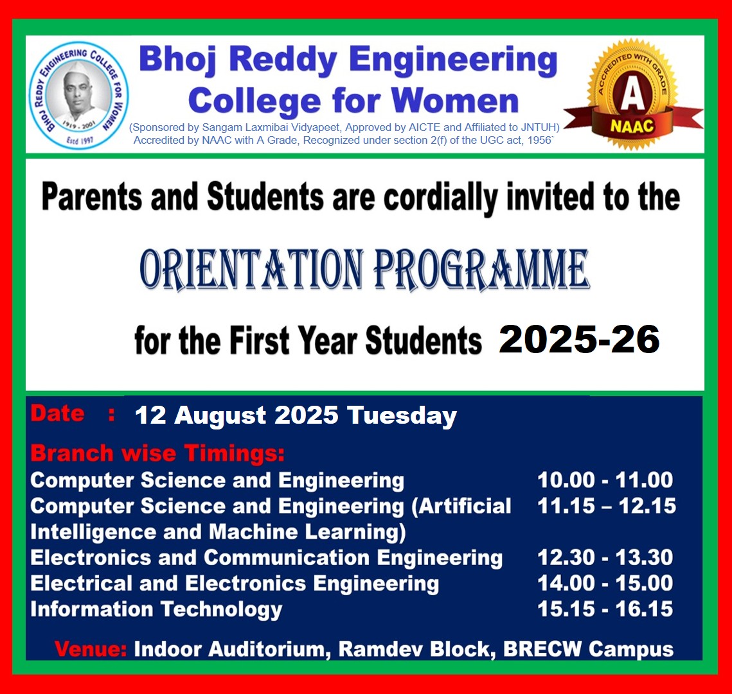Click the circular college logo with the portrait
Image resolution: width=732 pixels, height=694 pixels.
78,95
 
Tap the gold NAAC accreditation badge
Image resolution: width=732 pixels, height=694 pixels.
633,94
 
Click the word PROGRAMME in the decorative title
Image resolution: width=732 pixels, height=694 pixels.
481,269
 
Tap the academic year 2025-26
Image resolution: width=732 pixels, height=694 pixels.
579,339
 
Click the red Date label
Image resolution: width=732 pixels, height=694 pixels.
57,413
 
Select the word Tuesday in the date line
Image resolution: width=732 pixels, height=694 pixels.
402,415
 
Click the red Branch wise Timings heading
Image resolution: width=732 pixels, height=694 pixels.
157,453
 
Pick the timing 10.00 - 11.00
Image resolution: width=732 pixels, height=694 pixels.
605,480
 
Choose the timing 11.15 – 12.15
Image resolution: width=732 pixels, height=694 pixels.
607,506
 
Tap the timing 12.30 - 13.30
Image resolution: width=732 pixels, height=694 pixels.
605,557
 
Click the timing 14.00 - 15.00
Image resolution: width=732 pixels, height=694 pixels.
605,583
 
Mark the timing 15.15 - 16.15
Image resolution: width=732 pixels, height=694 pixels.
605,609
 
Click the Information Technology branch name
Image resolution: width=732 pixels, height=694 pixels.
156,610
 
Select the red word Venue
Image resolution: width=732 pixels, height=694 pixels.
91,649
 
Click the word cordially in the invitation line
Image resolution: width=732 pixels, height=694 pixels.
440,198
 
